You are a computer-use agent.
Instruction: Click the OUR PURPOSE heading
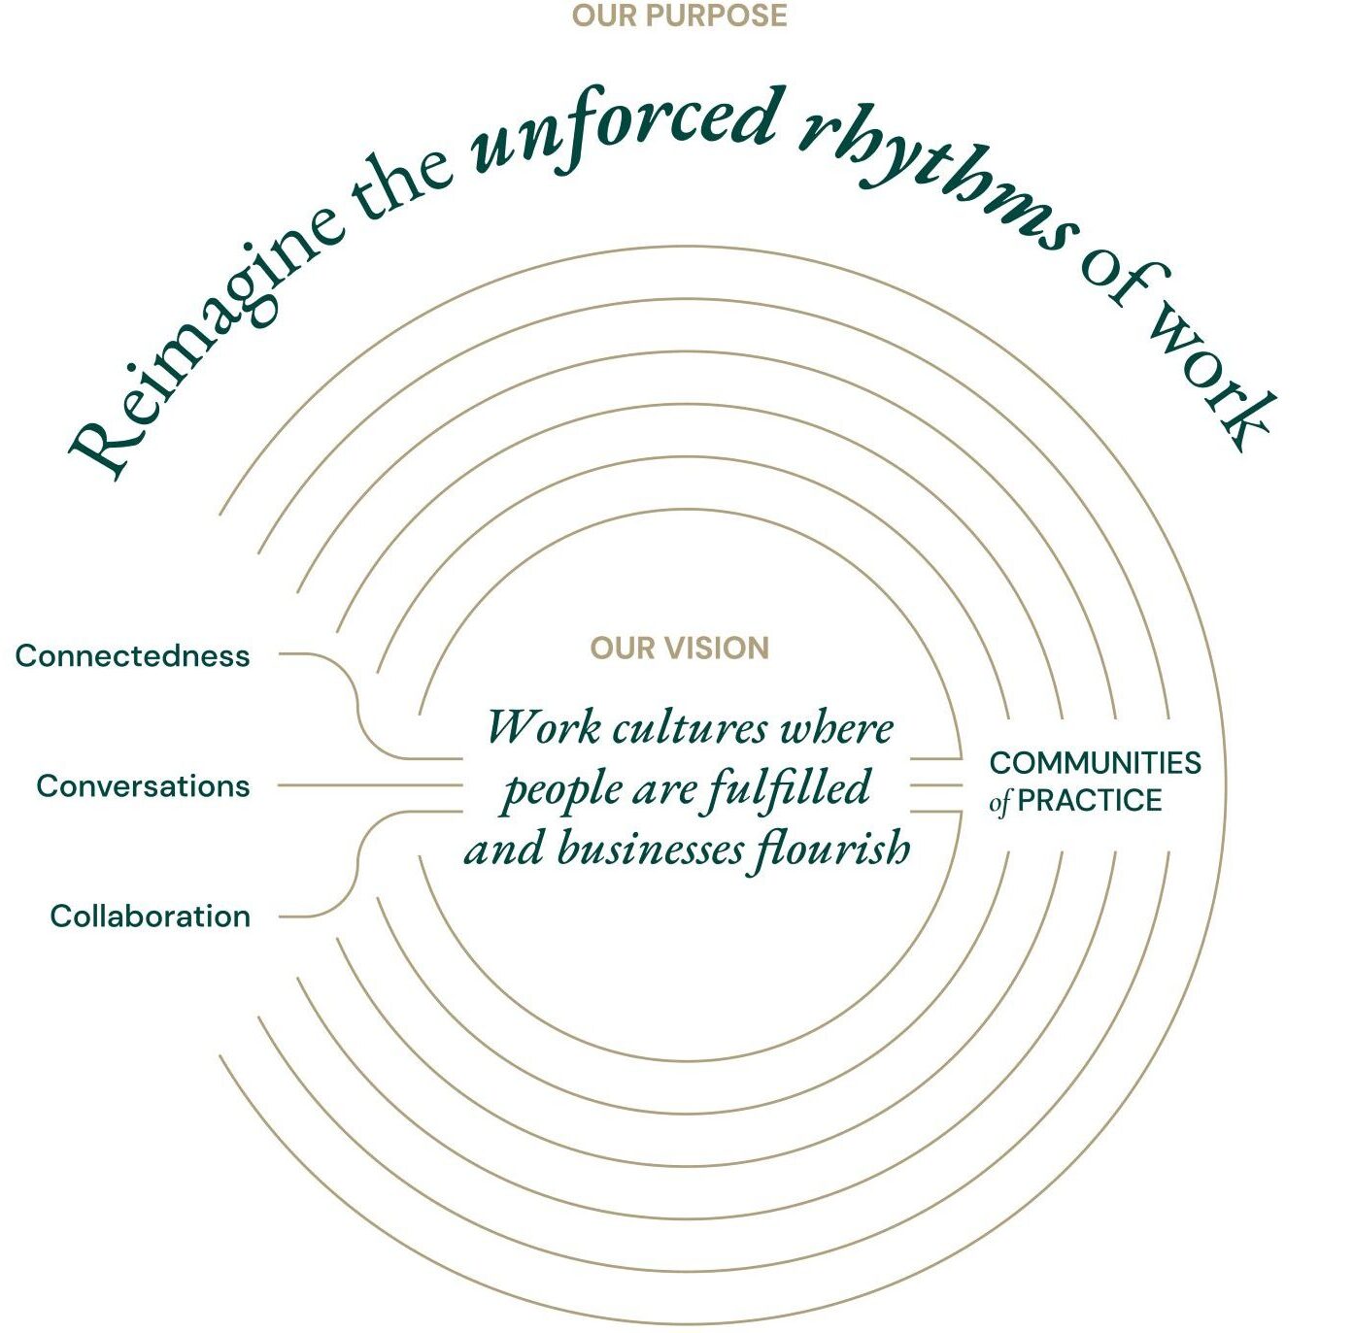click(680, 16)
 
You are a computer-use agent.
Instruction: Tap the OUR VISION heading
click(680, 648)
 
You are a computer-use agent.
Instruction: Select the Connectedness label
click(133, 656)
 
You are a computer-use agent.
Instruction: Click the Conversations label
click(143, 786)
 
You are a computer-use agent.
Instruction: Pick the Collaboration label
click(151, 916)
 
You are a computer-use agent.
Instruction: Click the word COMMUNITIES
click(1096, 763)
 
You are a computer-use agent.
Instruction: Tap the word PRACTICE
click(1090, 800)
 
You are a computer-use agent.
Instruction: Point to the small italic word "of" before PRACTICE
click(999, 802)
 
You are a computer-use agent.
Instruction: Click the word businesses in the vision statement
click(651, 850)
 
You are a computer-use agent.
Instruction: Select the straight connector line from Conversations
click(370, 785)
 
